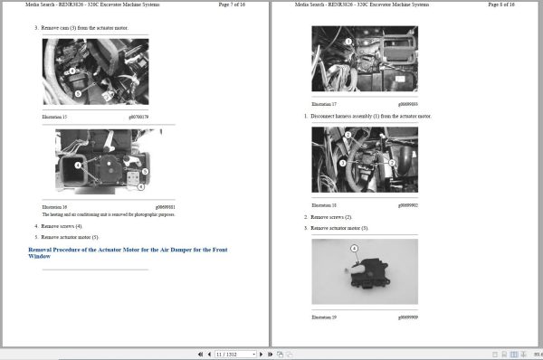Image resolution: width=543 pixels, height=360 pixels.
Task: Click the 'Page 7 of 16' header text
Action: pos(243,5)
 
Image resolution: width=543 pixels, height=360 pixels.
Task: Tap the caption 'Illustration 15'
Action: pos(55,117)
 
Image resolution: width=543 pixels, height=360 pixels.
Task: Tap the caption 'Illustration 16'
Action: pos(55,206)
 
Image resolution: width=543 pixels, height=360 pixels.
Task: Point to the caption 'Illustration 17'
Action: pos(324,104)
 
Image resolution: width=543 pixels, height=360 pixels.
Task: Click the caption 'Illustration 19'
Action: pos(324,317)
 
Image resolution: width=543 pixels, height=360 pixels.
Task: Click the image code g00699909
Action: pos(407,317)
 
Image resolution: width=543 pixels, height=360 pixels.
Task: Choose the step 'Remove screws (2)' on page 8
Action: pos(331,217)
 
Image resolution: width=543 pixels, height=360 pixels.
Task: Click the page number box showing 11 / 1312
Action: pos(233,354)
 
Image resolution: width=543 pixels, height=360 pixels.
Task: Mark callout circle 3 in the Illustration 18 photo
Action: pos(391,164)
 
